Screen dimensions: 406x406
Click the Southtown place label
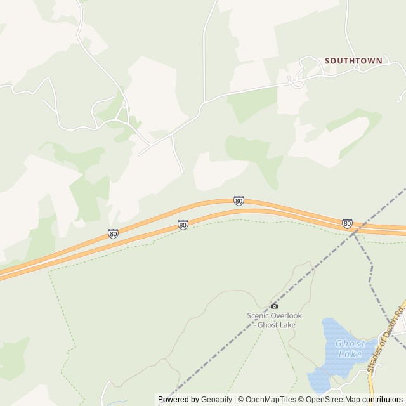tap(353, 61)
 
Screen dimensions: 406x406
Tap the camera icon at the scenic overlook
tap(274, 306)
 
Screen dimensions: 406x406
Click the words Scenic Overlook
tap(274, 316)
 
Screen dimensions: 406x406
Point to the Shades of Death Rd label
tap(385, 342)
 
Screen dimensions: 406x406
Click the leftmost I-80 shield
tap(113, 233)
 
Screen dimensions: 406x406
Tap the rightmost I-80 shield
tap(347, 223)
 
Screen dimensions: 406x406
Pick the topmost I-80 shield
tap(239, 200)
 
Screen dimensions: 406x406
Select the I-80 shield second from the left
tap(183, 225)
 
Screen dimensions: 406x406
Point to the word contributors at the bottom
tap(383, 400)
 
